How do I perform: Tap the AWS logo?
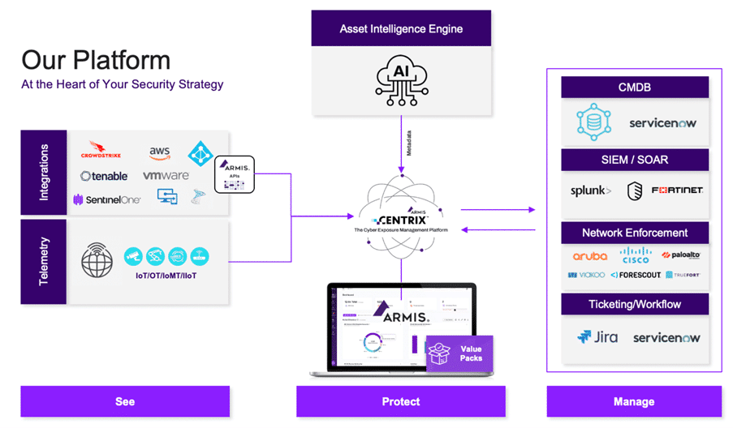point(158,152)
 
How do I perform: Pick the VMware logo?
point(166,176)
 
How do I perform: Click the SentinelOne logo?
point(106,199)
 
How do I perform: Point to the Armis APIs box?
point(234,174)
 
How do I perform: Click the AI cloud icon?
point(401,77)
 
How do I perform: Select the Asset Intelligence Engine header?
point(401,29)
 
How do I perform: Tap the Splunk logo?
point(590,191)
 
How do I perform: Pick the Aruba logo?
point(589,256)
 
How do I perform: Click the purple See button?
point(125,401)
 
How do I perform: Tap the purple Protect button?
point(401,401)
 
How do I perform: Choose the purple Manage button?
point(634,401)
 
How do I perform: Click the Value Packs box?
point(459,353)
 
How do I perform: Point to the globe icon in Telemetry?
point(97,262)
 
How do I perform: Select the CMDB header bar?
point(635,88)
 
